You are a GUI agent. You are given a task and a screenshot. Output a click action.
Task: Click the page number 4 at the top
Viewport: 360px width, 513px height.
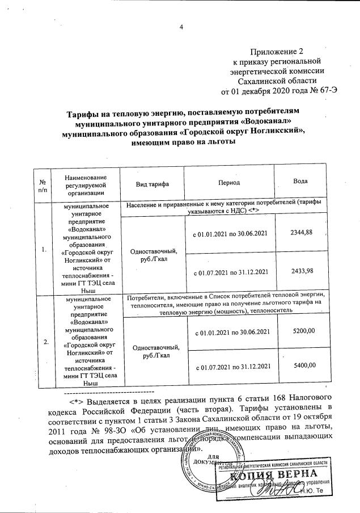181,27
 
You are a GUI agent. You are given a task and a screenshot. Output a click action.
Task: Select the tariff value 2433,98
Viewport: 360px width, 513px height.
301,271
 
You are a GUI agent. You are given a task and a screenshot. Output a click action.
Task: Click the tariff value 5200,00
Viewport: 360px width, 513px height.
301,330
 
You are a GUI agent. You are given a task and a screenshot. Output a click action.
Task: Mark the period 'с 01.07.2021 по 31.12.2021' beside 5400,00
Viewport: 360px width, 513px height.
230,367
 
